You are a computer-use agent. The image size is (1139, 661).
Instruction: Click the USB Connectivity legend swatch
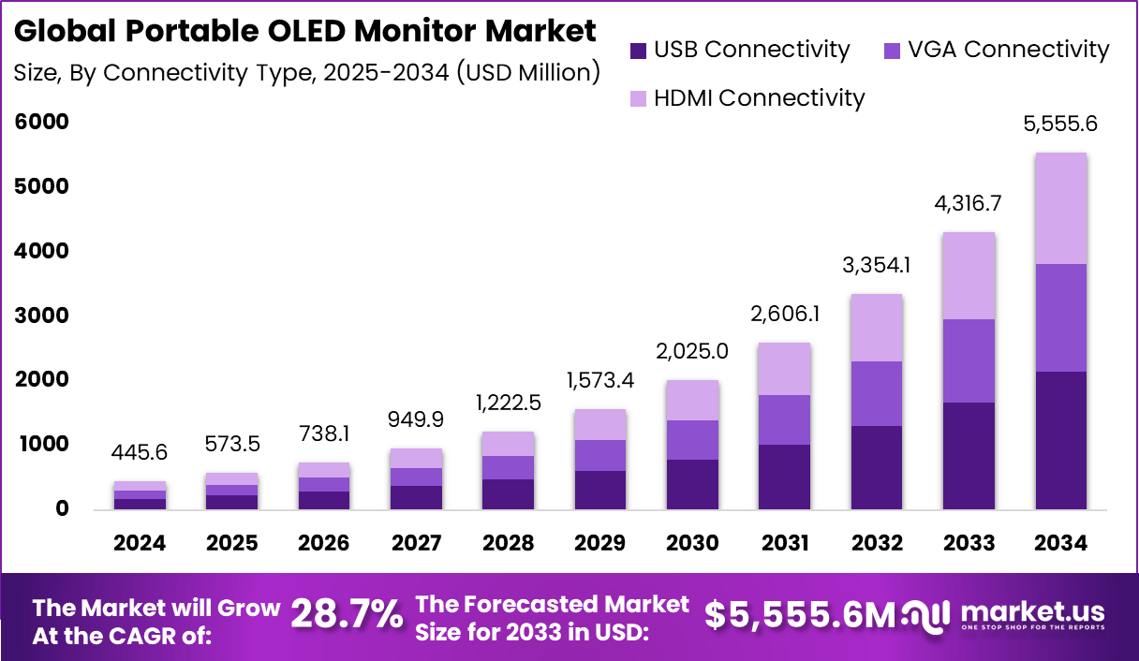point(639,51)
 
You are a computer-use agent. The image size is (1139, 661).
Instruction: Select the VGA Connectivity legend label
point(1008,50)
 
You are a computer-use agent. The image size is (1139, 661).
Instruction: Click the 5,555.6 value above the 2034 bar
point(1061,123)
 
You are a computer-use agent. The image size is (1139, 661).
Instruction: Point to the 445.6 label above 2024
point(141,452)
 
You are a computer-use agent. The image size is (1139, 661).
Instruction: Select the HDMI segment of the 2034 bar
point(1061,208)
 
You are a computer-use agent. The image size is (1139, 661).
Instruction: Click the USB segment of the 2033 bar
point(969,456)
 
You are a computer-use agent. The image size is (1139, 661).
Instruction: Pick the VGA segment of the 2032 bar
point(877,393)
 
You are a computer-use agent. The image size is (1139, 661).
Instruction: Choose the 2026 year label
point(324,544)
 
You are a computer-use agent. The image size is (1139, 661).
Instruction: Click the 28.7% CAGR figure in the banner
point(348,615)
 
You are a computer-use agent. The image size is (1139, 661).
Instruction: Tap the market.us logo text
point(1032,612)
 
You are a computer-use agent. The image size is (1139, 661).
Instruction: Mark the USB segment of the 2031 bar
point(785,477)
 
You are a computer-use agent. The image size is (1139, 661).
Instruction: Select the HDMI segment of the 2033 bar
point(969,276)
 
